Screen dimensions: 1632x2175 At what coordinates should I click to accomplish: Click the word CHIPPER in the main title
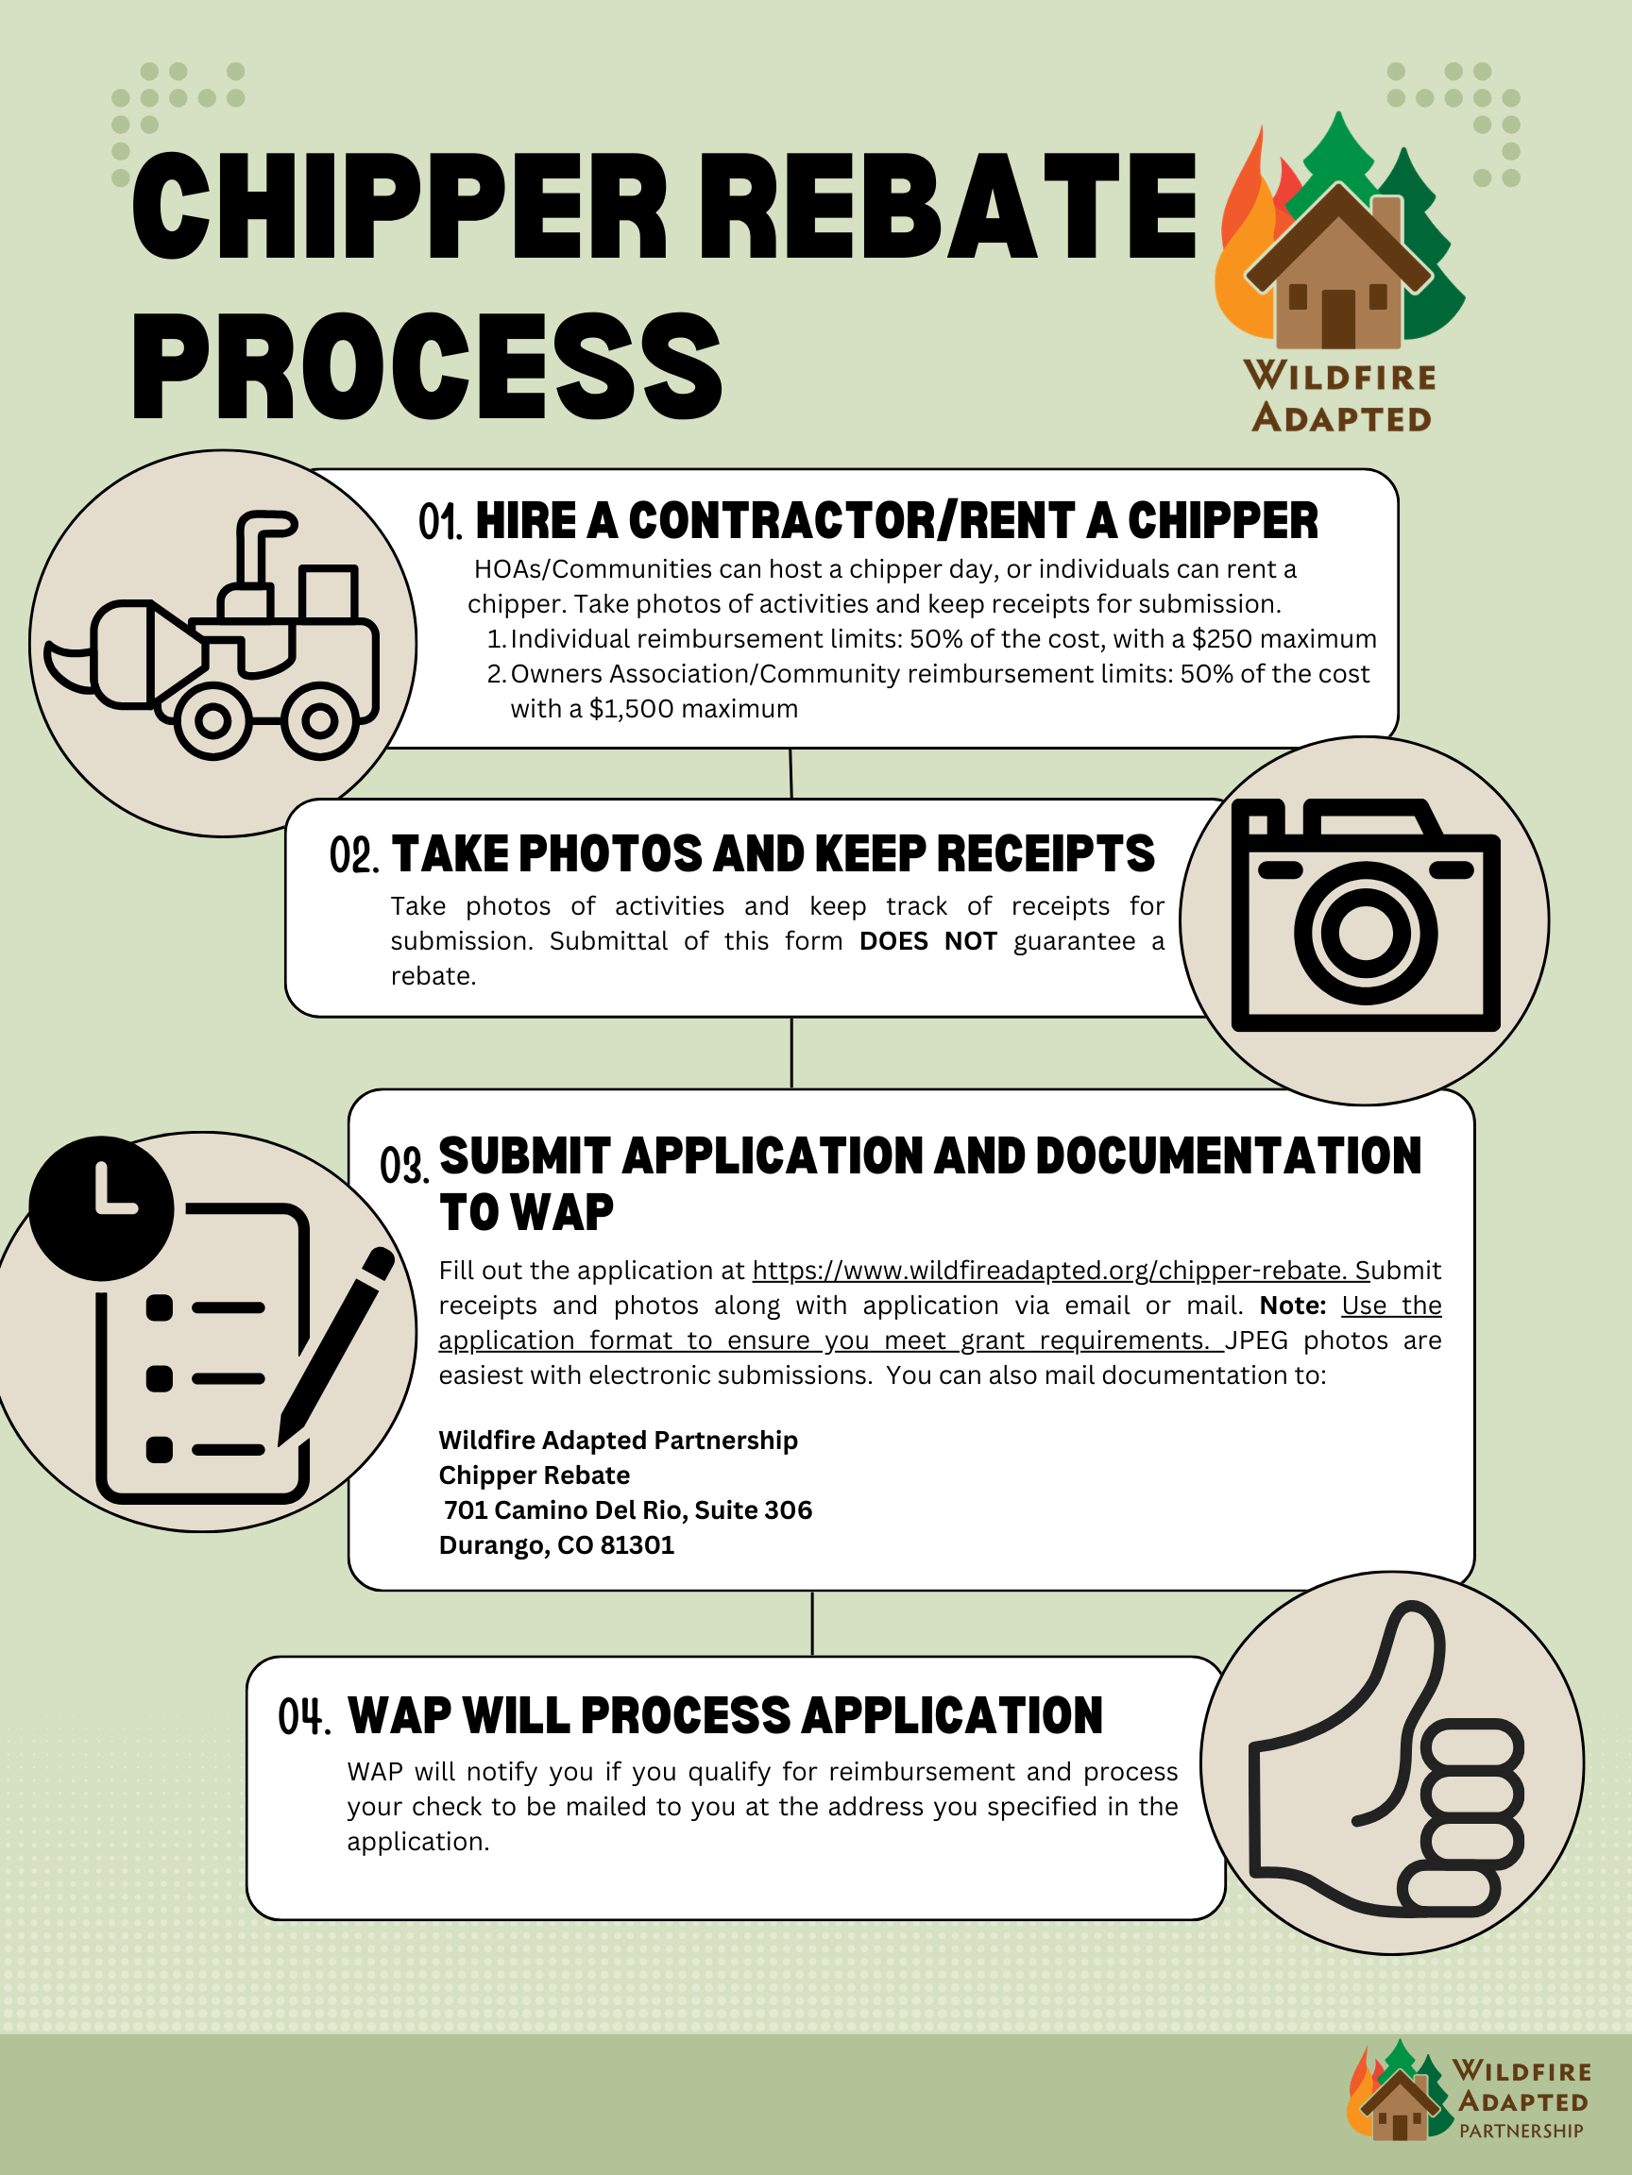399,209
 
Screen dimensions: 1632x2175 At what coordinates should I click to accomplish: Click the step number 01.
439,522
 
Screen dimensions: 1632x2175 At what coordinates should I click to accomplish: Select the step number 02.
353,855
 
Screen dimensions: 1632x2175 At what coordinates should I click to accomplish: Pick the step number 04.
302,1717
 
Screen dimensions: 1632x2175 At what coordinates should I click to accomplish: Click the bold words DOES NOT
927,941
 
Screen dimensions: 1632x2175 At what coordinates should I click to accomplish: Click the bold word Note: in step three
1293,1306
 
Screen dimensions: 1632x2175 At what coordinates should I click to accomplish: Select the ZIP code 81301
637,1544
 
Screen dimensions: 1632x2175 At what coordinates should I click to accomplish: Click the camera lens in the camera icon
1366,931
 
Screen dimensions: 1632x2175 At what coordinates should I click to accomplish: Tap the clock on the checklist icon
101,1207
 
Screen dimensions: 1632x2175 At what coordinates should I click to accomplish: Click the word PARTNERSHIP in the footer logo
1521,2131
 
